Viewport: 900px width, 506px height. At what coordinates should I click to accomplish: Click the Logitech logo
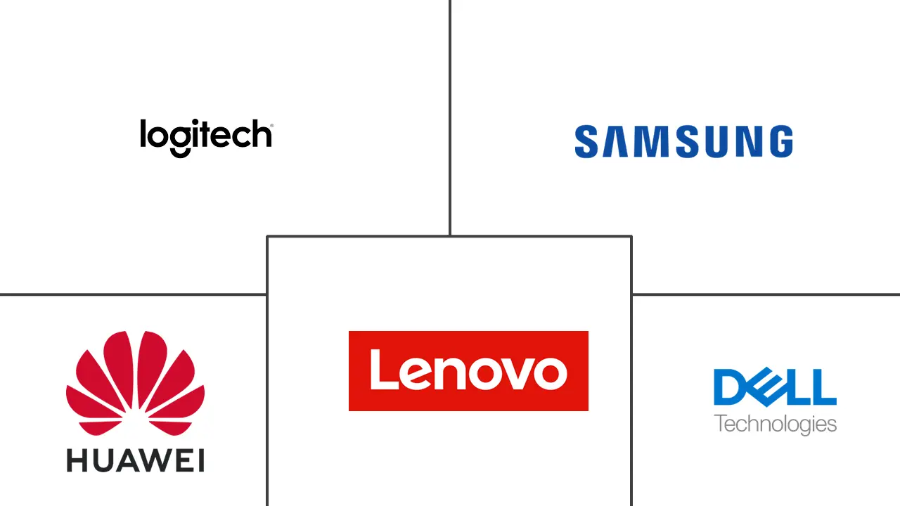click(207, 138)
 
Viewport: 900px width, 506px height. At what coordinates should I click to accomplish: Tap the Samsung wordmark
click(684, 141)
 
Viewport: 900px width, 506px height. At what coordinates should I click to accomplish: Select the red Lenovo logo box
click(468, 370)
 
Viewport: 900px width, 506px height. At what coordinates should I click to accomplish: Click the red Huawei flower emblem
click(136, 383)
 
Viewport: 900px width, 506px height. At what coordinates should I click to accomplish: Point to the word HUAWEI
click(136, 460)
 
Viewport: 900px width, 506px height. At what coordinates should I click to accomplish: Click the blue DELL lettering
click(775, 387)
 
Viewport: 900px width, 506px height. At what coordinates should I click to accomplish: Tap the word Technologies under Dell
click(775, 425)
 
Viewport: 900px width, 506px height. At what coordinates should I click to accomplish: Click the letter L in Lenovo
click(384, 369)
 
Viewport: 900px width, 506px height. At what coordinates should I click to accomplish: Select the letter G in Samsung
click(781, 141)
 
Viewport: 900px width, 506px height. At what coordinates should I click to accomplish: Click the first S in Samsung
click(586, 141)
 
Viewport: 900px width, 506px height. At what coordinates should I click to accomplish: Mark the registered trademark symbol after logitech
click(272, 126)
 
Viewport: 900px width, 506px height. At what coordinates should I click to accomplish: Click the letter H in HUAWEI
click(77, 460)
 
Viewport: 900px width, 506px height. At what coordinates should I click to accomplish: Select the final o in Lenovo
click(553, 373)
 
